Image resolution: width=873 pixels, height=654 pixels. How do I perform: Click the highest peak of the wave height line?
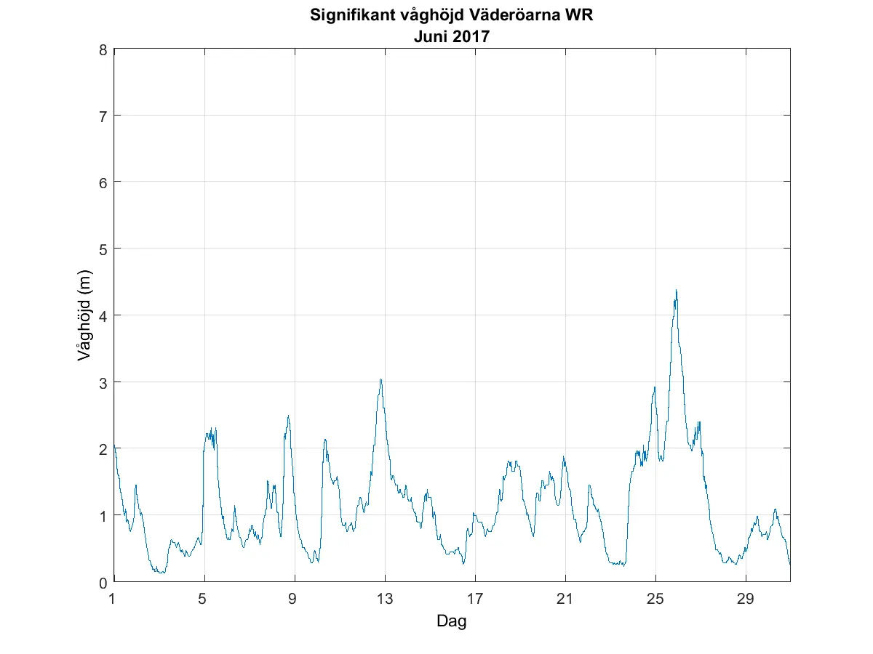[676, 291]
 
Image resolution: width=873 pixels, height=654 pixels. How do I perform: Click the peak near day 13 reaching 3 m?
[380, 379]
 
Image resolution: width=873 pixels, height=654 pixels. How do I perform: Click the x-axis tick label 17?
[475, 599]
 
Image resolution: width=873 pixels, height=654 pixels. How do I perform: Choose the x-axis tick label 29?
[746, 599]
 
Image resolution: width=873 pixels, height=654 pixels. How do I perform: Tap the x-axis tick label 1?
[113, 599]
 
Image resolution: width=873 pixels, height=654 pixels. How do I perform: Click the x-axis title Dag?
[451, 621]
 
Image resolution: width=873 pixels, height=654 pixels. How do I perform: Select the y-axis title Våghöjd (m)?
[84, 316]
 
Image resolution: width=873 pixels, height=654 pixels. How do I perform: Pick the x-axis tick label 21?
[565, 599]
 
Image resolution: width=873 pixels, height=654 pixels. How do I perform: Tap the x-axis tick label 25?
[655, 599]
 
